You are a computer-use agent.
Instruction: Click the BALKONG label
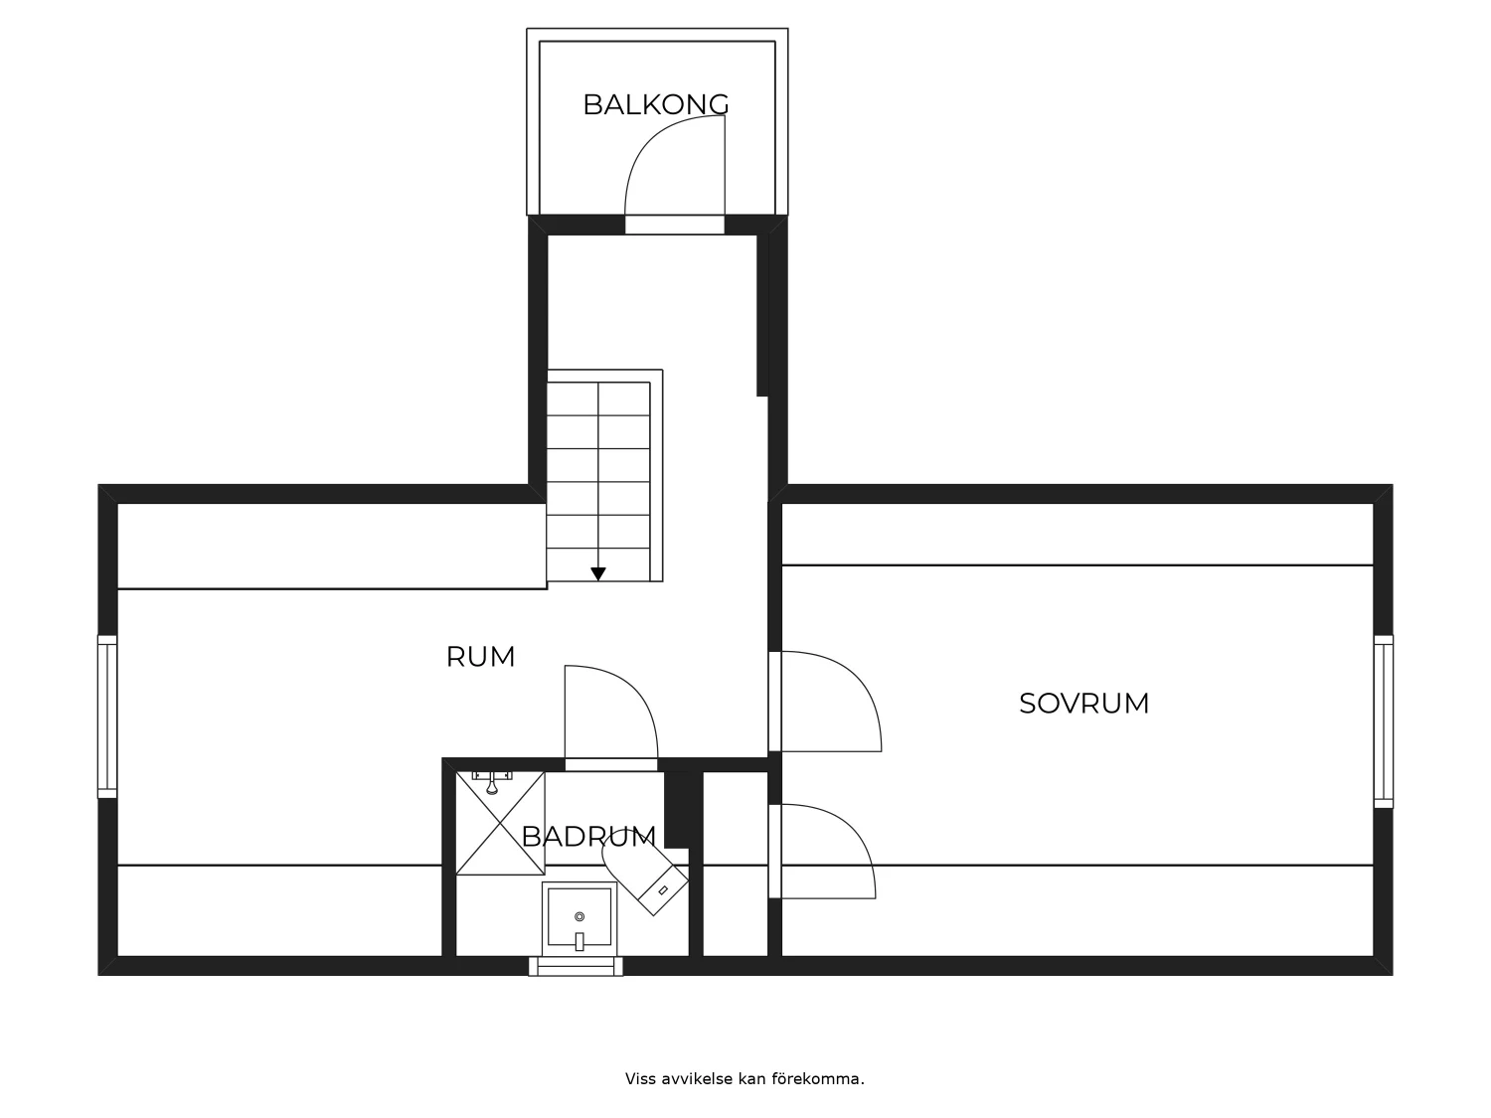(655, 104)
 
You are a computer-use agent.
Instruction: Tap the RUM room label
(481, 657)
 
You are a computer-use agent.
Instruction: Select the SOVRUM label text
(1084, 704)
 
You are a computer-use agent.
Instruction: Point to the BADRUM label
(588, 837)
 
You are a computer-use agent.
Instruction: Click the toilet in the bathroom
(645, 879)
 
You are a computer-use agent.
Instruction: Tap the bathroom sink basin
(580, 917)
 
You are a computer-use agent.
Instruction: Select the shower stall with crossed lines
(500, 823)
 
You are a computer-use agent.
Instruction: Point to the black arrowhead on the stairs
(597, 574)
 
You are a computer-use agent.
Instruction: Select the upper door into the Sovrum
(825, 702)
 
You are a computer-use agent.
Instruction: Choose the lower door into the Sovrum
(822, 852)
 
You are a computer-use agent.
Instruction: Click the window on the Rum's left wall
(107, 717)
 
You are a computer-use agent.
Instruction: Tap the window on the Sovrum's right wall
(1384, 721)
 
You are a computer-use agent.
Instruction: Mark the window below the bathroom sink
(576, 967)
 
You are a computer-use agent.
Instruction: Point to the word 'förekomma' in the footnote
(817, 1078)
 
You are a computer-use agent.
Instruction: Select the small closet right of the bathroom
(735, 865)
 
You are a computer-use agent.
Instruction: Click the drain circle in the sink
(580, 917)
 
